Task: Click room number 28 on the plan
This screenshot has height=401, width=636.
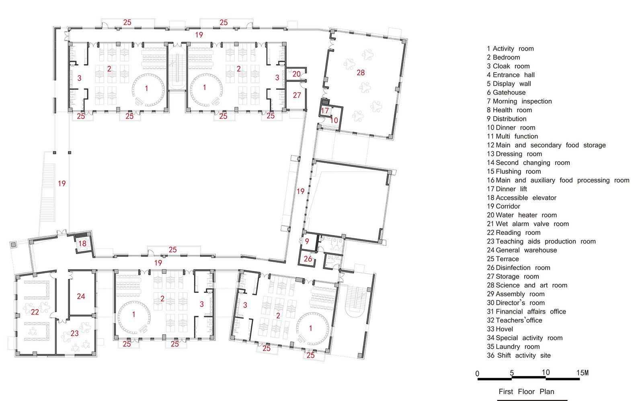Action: [x=361, y=72]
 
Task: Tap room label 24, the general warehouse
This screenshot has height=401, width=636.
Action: [x=81, y=296]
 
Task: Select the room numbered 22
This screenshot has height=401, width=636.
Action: [x=35, y=312]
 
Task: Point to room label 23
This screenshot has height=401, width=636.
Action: [x=74, y=333]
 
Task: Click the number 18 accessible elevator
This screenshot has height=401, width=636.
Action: [x=82, y=243]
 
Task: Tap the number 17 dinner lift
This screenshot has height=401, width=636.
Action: [x=325, y=111]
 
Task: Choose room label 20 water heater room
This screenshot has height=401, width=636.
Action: [x=296, y=74]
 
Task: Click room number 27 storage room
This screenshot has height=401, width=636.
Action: [x=297, y=95]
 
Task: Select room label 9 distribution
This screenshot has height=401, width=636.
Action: [x=307, y=242]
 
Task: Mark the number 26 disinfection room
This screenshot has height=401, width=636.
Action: [x=308, y=259]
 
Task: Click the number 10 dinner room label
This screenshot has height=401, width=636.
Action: [x=334, y=120]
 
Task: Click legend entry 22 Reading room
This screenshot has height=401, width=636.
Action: [x=513, y=233]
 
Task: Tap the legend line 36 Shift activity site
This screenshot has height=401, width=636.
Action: [x=518, y=356]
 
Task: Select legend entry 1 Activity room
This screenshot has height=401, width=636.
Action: [x=510, y=49]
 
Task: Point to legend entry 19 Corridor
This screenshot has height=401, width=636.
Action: [x=503, y=206]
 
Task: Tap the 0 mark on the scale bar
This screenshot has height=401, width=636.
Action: [x=477, y=374]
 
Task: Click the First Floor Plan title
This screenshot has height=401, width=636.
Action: [x=526, y=391]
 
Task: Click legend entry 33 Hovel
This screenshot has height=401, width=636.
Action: [x=500, y=329]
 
